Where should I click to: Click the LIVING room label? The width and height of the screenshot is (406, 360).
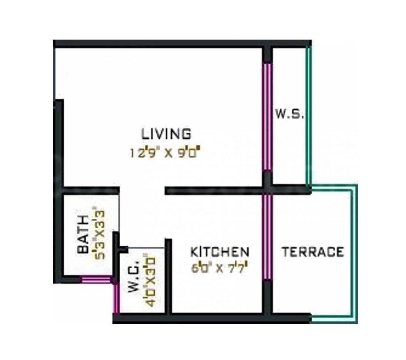click(x=166, y=134)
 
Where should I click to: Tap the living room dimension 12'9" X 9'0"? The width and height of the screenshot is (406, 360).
click(x=167, y=153)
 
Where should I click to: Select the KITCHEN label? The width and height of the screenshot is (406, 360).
click(x=219, y=252)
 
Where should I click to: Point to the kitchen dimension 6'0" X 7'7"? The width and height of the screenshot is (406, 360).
click(x=219, y=268)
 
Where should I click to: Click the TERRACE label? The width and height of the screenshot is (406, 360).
click(x=313, y=252)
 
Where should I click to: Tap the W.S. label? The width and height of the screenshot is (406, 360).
click(x=289, y=114)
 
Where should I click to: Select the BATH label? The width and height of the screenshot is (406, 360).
click(x=83, y=235)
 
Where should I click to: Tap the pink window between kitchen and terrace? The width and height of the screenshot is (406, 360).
click(x=267, y=237)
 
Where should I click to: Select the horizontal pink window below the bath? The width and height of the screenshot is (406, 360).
click(x=95, y=280)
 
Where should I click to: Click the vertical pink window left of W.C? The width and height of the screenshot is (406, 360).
click(x=116, y=298)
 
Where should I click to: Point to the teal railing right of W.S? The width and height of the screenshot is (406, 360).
click(x=308, y=115)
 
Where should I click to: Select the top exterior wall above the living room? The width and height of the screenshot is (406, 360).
click(x=159, y=43)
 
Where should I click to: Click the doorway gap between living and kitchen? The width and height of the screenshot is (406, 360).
click(x=142, y=191)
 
